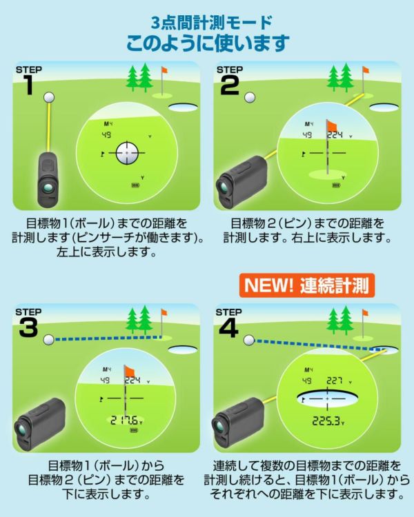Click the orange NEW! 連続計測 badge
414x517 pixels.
(307, 284)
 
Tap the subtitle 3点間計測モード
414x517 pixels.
(207, 21)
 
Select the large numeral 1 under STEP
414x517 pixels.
(28, 85)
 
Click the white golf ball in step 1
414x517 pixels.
(48, 97)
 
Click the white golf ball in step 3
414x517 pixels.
(48, 339)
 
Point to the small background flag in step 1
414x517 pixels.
(164, 72)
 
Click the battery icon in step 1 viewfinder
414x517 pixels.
(135, 185)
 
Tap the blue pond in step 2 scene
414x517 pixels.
(384, 108)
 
